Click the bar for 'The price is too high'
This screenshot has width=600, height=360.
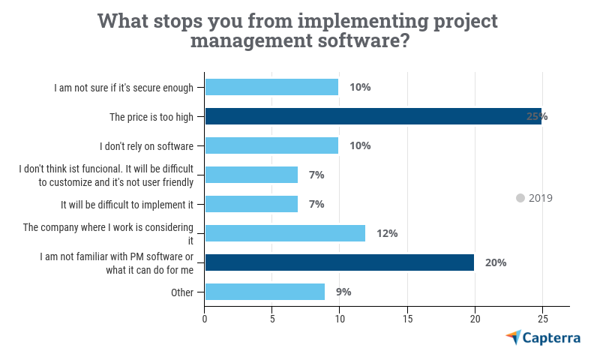pos(373,116)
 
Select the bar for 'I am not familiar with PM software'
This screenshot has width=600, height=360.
pos(339,262)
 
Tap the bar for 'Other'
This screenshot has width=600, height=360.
pos(265,292)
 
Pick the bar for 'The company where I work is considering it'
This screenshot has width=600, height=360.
pos(285,233)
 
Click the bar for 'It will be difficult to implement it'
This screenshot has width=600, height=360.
pos(251,204)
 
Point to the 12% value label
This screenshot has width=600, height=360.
pos(387,233)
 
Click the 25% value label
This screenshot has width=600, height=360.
pos(537,116)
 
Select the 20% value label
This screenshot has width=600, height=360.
pos(496,262)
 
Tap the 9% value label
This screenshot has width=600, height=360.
pos(343,292)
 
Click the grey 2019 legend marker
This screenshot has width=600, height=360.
pos(520,198)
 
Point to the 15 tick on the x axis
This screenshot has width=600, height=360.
pos(407,318)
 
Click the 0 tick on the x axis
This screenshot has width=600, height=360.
pos(205,318)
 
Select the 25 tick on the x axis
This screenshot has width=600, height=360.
pos(542,318)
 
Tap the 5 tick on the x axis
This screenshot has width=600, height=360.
pos(272,318)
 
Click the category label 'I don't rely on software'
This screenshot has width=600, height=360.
pos(147,145)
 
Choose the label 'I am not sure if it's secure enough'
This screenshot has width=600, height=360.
pos(124,87)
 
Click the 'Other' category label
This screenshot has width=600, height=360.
pos(182,292)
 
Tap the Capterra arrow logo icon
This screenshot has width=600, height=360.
pos(514,337)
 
